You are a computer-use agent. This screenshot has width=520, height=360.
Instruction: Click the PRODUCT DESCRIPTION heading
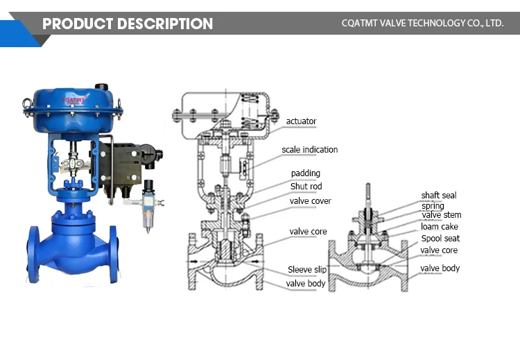click(x=128, y=24)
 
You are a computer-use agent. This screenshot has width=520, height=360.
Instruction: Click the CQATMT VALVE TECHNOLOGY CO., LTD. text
click(x=422, y=24)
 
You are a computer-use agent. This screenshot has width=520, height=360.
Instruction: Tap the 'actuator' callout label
click(x=301, y=121)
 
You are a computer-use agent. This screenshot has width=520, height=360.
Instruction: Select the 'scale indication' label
click(x=309, y=150)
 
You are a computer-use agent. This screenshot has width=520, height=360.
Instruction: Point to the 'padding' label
click(x=305, y=173)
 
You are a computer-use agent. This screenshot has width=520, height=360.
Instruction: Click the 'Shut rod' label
click(x=306, y=187)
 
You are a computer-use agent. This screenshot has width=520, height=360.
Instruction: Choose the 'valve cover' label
click(x=310, y=201)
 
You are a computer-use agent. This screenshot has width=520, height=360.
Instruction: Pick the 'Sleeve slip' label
click(x=306, y=270)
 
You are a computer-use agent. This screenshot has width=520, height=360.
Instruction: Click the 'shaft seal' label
click(x=438, y=196)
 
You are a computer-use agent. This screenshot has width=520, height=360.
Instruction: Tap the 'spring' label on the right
click(x=433, y=206)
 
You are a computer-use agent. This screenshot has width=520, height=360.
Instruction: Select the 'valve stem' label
click(x=441, y=215)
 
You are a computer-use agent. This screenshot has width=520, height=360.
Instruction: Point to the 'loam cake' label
click(x=439, y=227)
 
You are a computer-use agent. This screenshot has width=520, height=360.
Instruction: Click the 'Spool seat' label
click(x=440, y=239)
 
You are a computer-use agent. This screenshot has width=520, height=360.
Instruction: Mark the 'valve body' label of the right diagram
click(x=440, y=268)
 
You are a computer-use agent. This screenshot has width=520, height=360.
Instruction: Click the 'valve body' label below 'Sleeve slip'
click(x=306, y=284)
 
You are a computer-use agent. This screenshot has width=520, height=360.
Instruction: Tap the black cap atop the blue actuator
click(x=102, y=88)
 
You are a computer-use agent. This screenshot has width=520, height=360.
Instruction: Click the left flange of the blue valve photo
click(x=33, y=253)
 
